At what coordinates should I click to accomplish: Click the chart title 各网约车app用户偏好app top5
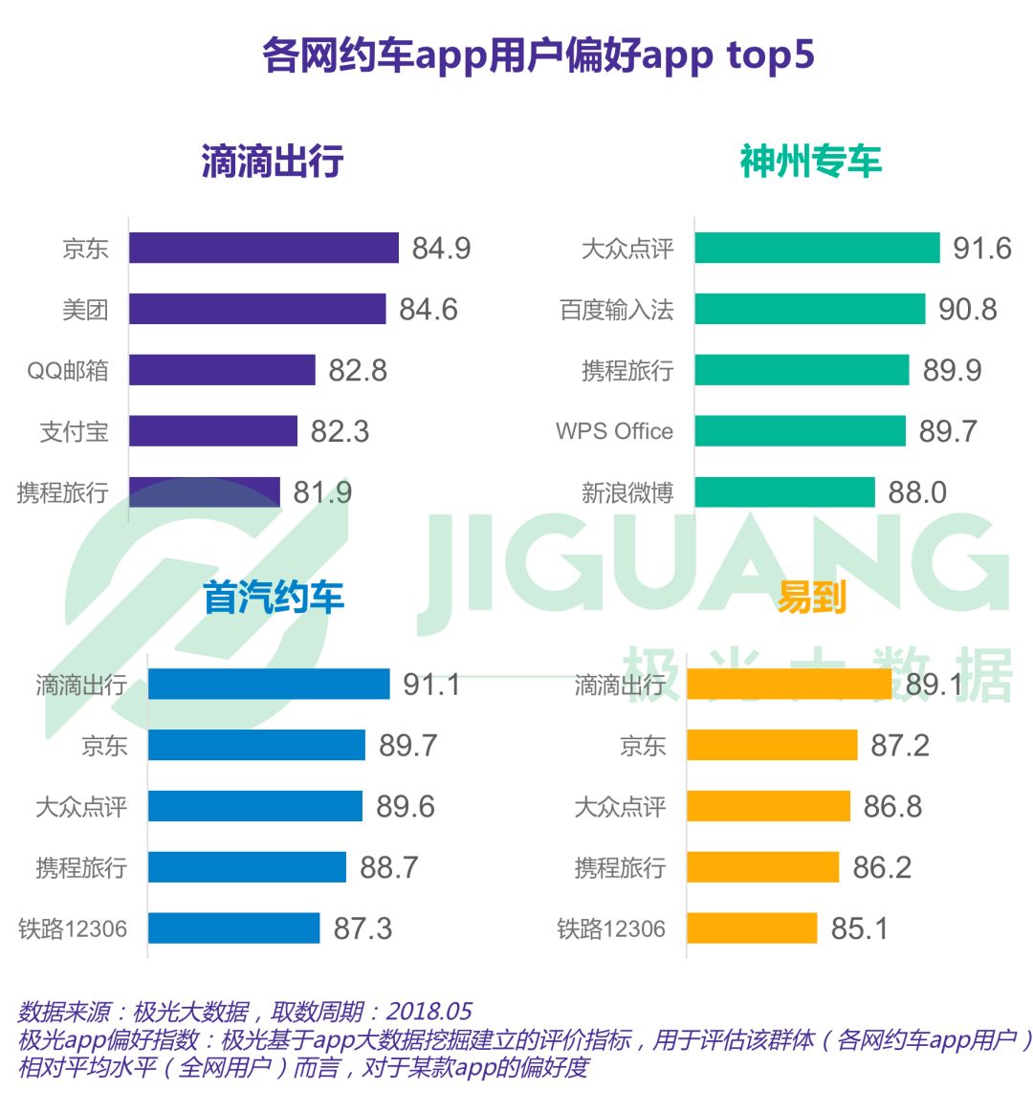[538, 55]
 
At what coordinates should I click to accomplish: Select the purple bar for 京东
[263, 248]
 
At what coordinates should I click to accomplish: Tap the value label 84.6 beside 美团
[428, 310]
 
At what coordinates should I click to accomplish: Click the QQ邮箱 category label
[68, 371]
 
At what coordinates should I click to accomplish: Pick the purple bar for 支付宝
[212, 431]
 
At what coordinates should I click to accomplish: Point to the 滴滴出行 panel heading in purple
[272, 162]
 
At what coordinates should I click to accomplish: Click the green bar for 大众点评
[817, 248]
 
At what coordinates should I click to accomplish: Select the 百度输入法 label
[617, 310]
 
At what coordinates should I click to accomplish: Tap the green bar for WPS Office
[800, 431]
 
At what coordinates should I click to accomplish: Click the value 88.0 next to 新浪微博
[916, 492]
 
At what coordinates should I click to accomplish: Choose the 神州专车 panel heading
[810, 162]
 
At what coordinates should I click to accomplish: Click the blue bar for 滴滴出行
[269, 685]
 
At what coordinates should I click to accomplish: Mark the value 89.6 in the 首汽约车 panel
[405, 807]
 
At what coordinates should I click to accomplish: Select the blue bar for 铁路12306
[233, 928]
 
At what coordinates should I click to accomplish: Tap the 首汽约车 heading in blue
[273, 598]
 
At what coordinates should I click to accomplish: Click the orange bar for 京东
[772, 746]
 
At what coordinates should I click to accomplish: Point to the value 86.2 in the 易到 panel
[881, 868]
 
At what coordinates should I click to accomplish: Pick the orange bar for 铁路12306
[752, 928]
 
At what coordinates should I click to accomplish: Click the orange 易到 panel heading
[810, 598]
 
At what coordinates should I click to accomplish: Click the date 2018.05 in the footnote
[429, 1012]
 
